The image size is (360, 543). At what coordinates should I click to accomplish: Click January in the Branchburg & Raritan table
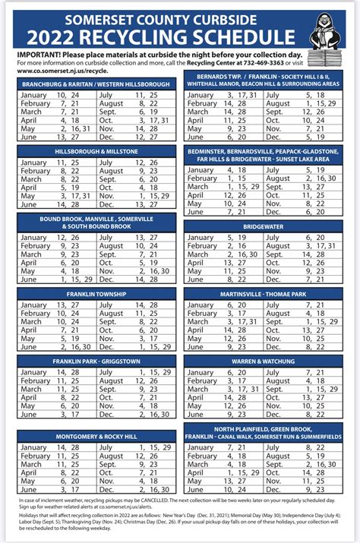(x=33, y=95)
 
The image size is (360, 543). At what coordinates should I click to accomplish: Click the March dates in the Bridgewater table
(x=232, y=254)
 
